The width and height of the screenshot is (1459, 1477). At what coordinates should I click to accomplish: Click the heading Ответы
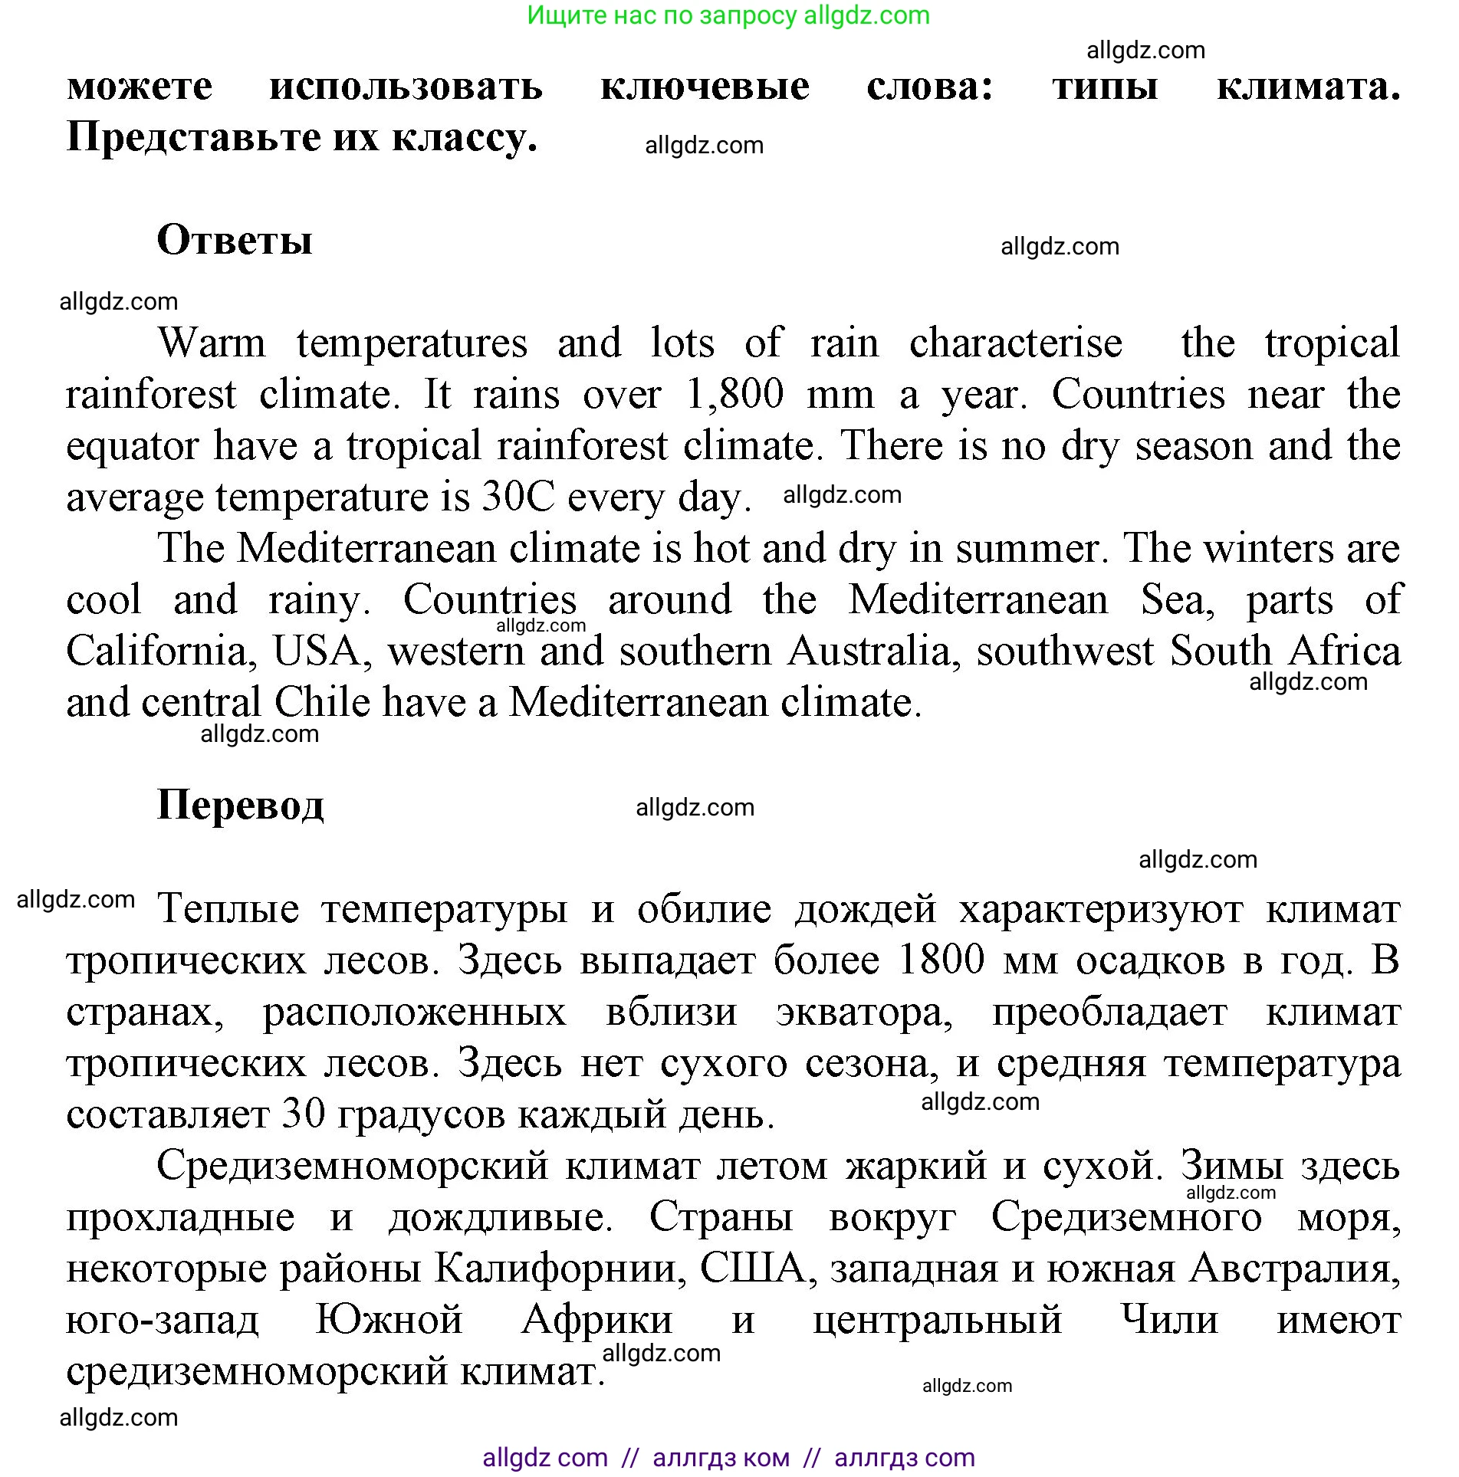coord(235,240)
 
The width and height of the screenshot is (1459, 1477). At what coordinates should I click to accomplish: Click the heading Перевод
coord(241,806)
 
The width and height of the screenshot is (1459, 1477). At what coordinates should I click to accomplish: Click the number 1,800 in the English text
coord(734,395)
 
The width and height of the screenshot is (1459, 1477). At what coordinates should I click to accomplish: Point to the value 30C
coord(518,497)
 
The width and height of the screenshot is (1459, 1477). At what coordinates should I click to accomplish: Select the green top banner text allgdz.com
coord(866,15)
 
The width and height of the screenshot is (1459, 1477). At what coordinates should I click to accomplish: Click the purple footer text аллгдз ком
coord(721,1457)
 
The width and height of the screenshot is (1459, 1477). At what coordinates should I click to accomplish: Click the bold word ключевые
coord(705,86)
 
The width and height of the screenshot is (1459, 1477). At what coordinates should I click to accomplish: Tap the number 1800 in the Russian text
coord(941,960)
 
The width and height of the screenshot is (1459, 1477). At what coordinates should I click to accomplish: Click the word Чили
coord(1169,1320)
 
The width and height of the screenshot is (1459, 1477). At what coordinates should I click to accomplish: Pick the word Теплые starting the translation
coord(228,910)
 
